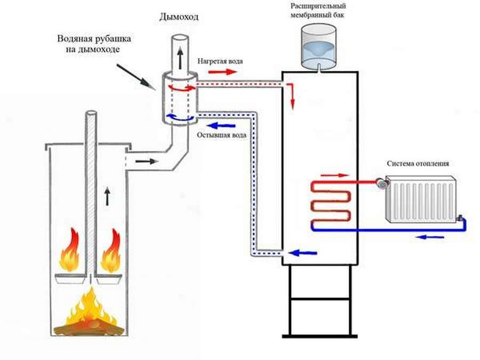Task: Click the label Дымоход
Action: coord(179,17)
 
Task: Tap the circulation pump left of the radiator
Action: coord(382,183)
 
